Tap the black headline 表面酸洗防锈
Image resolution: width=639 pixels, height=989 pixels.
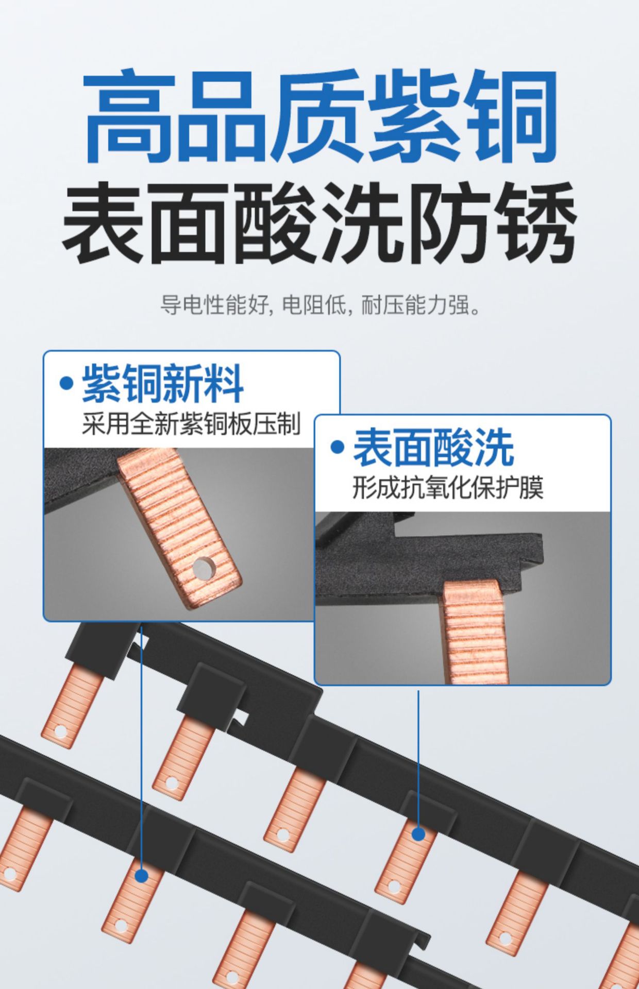point(319,223)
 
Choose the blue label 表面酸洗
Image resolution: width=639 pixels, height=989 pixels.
point(433,447)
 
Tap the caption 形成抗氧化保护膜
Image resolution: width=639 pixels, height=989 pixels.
point(448,487)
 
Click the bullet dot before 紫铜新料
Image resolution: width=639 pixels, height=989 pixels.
point(66,383)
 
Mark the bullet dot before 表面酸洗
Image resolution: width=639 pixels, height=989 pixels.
point(337,447)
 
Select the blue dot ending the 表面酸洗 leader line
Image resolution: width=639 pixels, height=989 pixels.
point(418,833)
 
